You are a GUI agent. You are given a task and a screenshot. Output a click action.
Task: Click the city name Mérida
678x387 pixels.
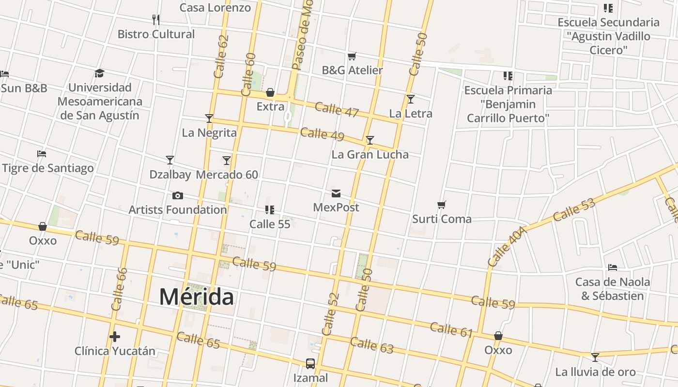pyautogui.click(x=196, y=297)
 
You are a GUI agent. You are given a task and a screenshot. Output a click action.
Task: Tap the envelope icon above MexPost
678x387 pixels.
pyautogui.click(x=336, y=193)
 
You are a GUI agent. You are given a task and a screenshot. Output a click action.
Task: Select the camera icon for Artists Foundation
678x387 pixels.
pyautogui.click(x=178, y=195)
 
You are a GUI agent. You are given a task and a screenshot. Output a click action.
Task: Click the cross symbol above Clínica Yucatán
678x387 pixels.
pyautogui.click(x=115, y=336)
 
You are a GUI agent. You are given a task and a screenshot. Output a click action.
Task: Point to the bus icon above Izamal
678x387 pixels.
pyautogui.click(x=310, y=363)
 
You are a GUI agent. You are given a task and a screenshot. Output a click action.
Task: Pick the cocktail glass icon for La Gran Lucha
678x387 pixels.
pyautogui.click(x=370, y=140)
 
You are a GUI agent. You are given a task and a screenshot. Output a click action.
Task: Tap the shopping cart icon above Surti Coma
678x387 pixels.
pyautogui.click(x=441, y=205)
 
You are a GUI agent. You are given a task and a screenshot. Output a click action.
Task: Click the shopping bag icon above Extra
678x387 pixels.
pyautogui.click(x=270, y=92)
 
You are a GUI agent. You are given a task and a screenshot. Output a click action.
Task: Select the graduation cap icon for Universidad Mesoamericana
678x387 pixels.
pyautogui.click(x=100, y=73)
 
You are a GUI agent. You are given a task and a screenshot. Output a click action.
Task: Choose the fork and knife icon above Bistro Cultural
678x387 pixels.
pyautogui.click(x=156, y=20)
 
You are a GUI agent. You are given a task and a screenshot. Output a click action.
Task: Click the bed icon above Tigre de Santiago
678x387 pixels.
pyautogui.click(x=42, y=154)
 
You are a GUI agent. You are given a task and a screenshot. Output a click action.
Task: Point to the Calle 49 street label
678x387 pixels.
pyautogui.click(x=322, y=134)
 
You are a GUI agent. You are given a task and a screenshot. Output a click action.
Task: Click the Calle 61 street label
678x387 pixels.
pyautogui.click(x=451, y=329)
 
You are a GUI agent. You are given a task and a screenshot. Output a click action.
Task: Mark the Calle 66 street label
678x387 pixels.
pyautogui.click(x=119, y=289)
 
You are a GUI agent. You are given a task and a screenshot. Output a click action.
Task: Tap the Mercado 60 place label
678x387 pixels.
pyautogui.click(x=227, y=175)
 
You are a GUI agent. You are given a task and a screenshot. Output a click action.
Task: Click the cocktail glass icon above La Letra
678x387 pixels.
pyautogui.click(x=411, y=99)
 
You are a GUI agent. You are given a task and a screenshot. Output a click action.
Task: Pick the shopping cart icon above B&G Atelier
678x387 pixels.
pyautogui.click(x=352, y=56)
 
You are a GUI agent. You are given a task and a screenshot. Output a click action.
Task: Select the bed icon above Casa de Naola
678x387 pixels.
pyautogui.click(x=613, y=268)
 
